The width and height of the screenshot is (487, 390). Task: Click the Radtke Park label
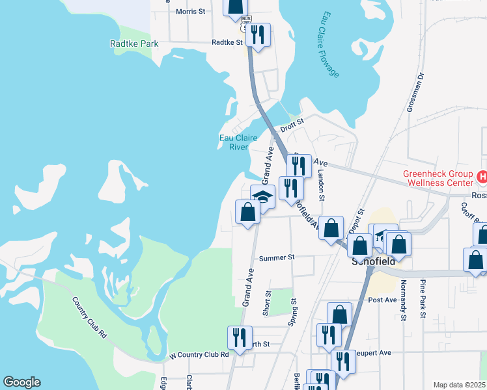[x=134, y=44]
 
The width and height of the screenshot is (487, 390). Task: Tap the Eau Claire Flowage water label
[x=328, y=44]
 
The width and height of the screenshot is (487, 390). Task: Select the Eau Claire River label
[x=238, y=142]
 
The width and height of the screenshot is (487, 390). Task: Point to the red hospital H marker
[x=482, y=176]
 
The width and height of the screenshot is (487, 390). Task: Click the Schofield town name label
[x=374, y=263]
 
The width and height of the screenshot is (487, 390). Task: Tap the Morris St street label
[x=190, y=12]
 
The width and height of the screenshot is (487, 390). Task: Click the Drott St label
[x=292, y=122]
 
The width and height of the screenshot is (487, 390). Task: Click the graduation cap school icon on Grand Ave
[x=262, y=196]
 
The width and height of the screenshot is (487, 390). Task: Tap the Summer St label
[x=277, y=258]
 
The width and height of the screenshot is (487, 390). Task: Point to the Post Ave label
[x=382, y=300]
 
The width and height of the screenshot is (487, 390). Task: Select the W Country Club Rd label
[x=199, y=355]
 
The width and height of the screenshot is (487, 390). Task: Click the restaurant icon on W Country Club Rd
[x=239, y=338]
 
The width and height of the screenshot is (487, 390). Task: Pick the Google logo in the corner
[x=21, y=382]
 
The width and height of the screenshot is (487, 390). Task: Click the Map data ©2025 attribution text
[x=460, y=385]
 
